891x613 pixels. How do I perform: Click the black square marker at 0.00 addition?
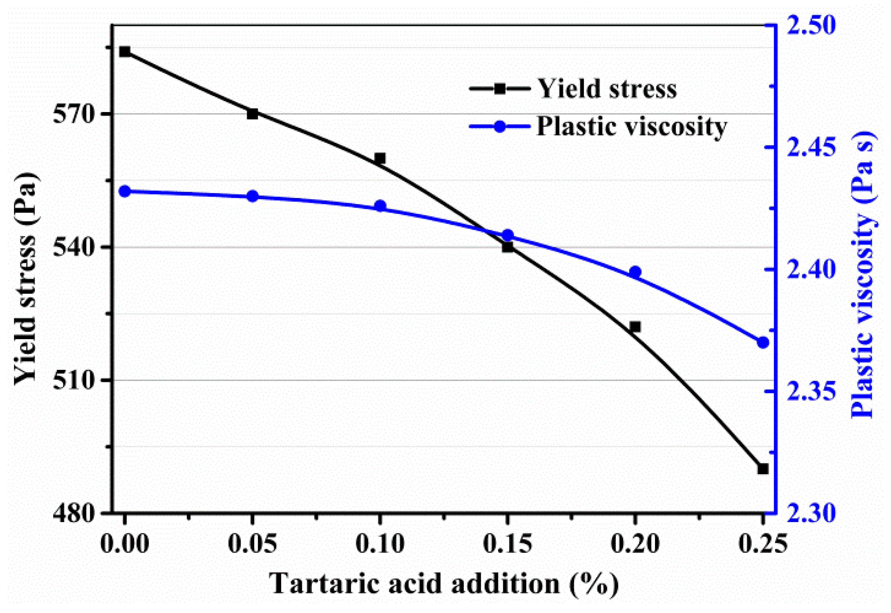(125, 52)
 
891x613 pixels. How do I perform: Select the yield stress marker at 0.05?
(252, 114)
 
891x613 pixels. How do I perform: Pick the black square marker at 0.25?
(763, 469)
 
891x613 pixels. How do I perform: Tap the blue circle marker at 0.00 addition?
(125, 191)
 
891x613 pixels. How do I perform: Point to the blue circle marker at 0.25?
(763, 343)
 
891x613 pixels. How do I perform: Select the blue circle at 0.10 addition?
(380, 206)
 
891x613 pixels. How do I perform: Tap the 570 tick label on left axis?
(74, 114)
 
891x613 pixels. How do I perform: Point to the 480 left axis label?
(74, 513)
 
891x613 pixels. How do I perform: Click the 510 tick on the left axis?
(74, 380)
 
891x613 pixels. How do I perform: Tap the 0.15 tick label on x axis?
(508, 544)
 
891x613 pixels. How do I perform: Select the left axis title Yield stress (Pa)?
(26, 278)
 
